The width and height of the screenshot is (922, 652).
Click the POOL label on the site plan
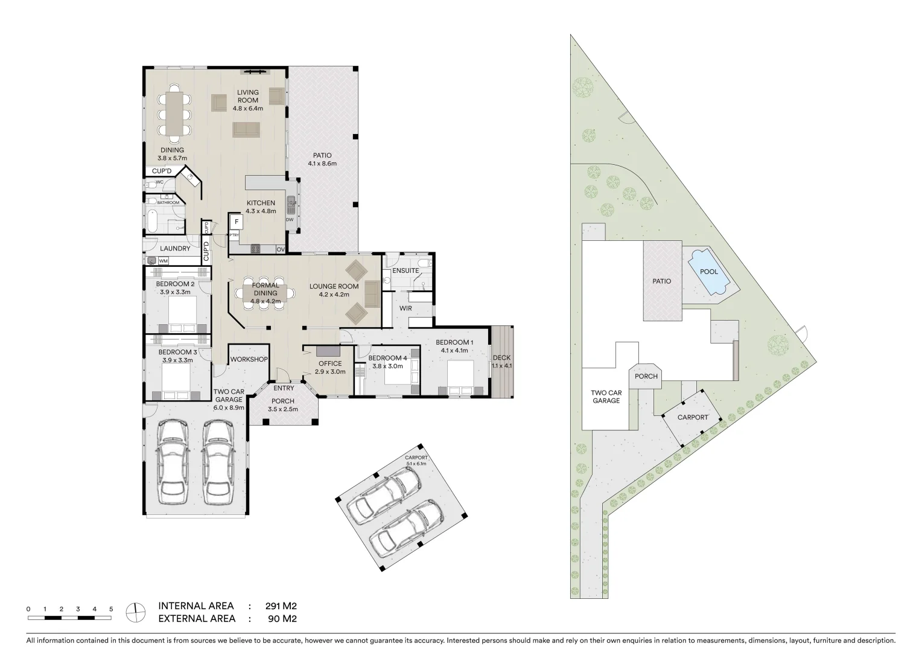(x=708, y=272)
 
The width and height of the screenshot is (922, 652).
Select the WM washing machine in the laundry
(x=164, y=261)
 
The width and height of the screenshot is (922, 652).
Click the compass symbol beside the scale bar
(x=136, y=612)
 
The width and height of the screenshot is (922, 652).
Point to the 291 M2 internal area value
(x=281, y=606)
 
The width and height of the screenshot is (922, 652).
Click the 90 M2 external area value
(x=282, y=619)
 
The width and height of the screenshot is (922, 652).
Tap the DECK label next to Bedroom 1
(x=501, y=357)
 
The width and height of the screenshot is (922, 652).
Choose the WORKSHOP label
(x=249, y=359)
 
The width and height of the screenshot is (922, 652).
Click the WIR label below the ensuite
(x=405, y=308)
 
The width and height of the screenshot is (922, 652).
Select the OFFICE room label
(x=330, y=363)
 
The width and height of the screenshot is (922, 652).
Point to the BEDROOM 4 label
(x=388, y=357)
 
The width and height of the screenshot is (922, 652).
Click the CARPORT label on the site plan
(x=692, y=418)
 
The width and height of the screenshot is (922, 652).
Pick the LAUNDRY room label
(x=176, y=248)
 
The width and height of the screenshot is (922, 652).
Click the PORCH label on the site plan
(x=646, y=376)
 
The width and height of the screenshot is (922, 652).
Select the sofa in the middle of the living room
(x=247, y=129)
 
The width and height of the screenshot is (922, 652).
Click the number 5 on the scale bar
(x=111, y=609)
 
